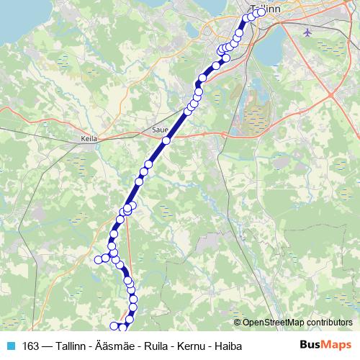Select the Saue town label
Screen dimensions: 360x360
tap(159, 130)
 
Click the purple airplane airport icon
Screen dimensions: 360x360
tap(309, 32)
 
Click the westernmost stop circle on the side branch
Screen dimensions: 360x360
tap(99, 259)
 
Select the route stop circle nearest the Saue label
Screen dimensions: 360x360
tap(166, 141)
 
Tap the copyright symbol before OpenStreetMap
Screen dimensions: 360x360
tap(238, 322)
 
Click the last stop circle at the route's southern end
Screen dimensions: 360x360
tap(113, 326)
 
